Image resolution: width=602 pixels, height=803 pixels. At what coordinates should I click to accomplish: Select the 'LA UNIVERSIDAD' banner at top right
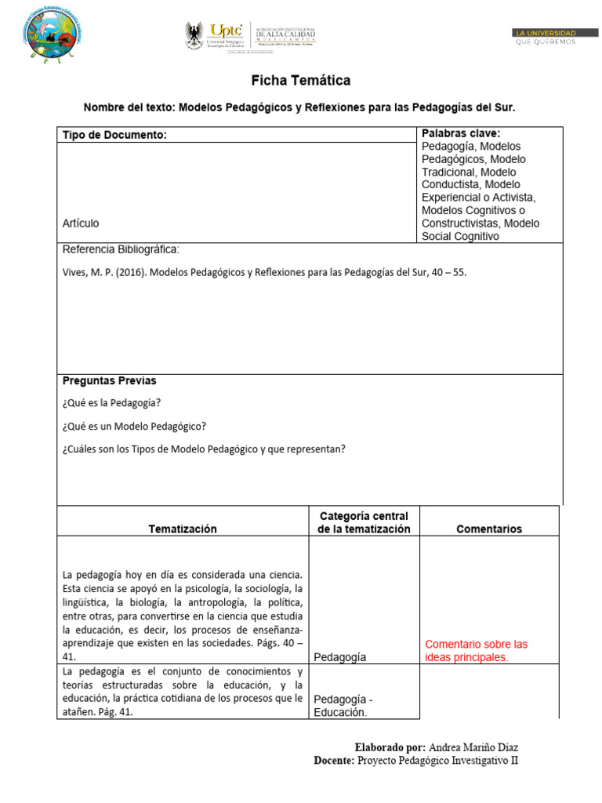(546, 33)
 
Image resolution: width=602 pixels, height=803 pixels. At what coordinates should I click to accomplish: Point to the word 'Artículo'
(81, 223)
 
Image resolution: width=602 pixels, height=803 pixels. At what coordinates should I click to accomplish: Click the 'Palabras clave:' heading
(461, 133)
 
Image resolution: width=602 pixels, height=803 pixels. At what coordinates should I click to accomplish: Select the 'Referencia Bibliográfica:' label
(121, 249)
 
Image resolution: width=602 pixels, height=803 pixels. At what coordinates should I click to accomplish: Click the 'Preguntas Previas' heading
(110, 381)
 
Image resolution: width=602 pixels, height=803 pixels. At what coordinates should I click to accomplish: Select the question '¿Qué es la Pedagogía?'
(111, 403)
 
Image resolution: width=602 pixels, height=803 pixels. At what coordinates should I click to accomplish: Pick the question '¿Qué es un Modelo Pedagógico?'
(134, 426)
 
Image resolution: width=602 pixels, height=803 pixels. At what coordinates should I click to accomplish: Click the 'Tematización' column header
(183, 529)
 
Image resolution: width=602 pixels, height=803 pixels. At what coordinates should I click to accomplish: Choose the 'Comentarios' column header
(489, 529)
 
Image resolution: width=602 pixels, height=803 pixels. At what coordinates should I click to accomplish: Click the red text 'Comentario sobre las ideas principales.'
(476, 651)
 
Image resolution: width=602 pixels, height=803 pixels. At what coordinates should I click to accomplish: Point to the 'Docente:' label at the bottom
(334, 761)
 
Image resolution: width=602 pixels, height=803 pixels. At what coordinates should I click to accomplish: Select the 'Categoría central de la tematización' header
(364, 522)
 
